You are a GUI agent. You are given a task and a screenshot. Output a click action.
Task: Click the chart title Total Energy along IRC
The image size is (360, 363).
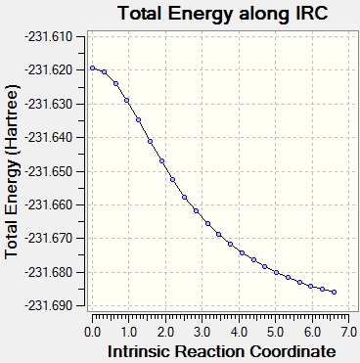point(223,14)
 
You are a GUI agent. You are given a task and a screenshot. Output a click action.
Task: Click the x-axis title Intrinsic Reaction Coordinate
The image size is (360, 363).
point(222,352)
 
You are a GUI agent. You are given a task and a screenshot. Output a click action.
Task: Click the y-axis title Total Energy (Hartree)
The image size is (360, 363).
point(12,171)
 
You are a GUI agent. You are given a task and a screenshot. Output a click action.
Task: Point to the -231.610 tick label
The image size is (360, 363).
point(48,36)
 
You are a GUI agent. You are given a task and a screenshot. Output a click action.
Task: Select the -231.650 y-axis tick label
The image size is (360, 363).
point(48,171)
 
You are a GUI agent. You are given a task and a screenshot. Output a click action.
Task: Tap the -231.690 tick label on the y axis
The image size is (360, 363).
point(48,305)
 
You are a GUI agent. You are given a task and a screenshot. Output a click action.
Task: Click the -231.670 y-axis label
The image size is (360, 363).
point(48,239)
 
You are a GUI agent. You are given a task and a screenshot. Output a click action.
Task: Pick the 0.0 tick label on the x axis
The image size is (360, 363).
point(92,332)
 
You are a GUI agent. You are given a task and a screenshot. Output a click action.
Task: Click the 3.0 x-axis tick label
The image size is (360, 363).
point(202,332)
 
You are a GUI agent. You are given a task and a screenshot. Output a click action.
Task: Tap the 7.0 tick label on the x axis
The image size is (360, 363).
point(348,332)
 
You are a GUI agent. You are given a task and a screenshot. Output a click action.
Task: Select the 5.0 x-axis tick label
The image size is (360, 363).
point(276,332)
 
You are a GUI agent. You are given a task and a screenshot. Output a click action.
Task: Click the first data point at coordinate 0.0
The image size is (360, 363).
point(93,68)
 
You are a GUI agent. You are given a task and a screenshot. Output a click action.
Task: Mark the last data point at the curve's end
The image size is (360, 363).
point(334,293)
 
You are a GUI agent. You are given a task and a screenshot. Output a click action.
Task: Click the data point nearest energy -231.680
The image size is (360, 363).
point(276,272)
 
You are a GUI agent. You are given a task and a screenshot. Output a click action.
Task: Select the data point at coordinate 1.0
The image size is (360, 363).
point(127,101)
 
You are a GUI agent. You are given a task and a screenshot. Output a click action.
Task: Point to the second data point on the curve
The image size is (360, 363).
point(105,72)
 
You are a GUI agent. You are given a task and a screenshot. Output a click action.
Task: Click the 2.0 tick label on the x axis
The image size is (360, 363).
point(165,332)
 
